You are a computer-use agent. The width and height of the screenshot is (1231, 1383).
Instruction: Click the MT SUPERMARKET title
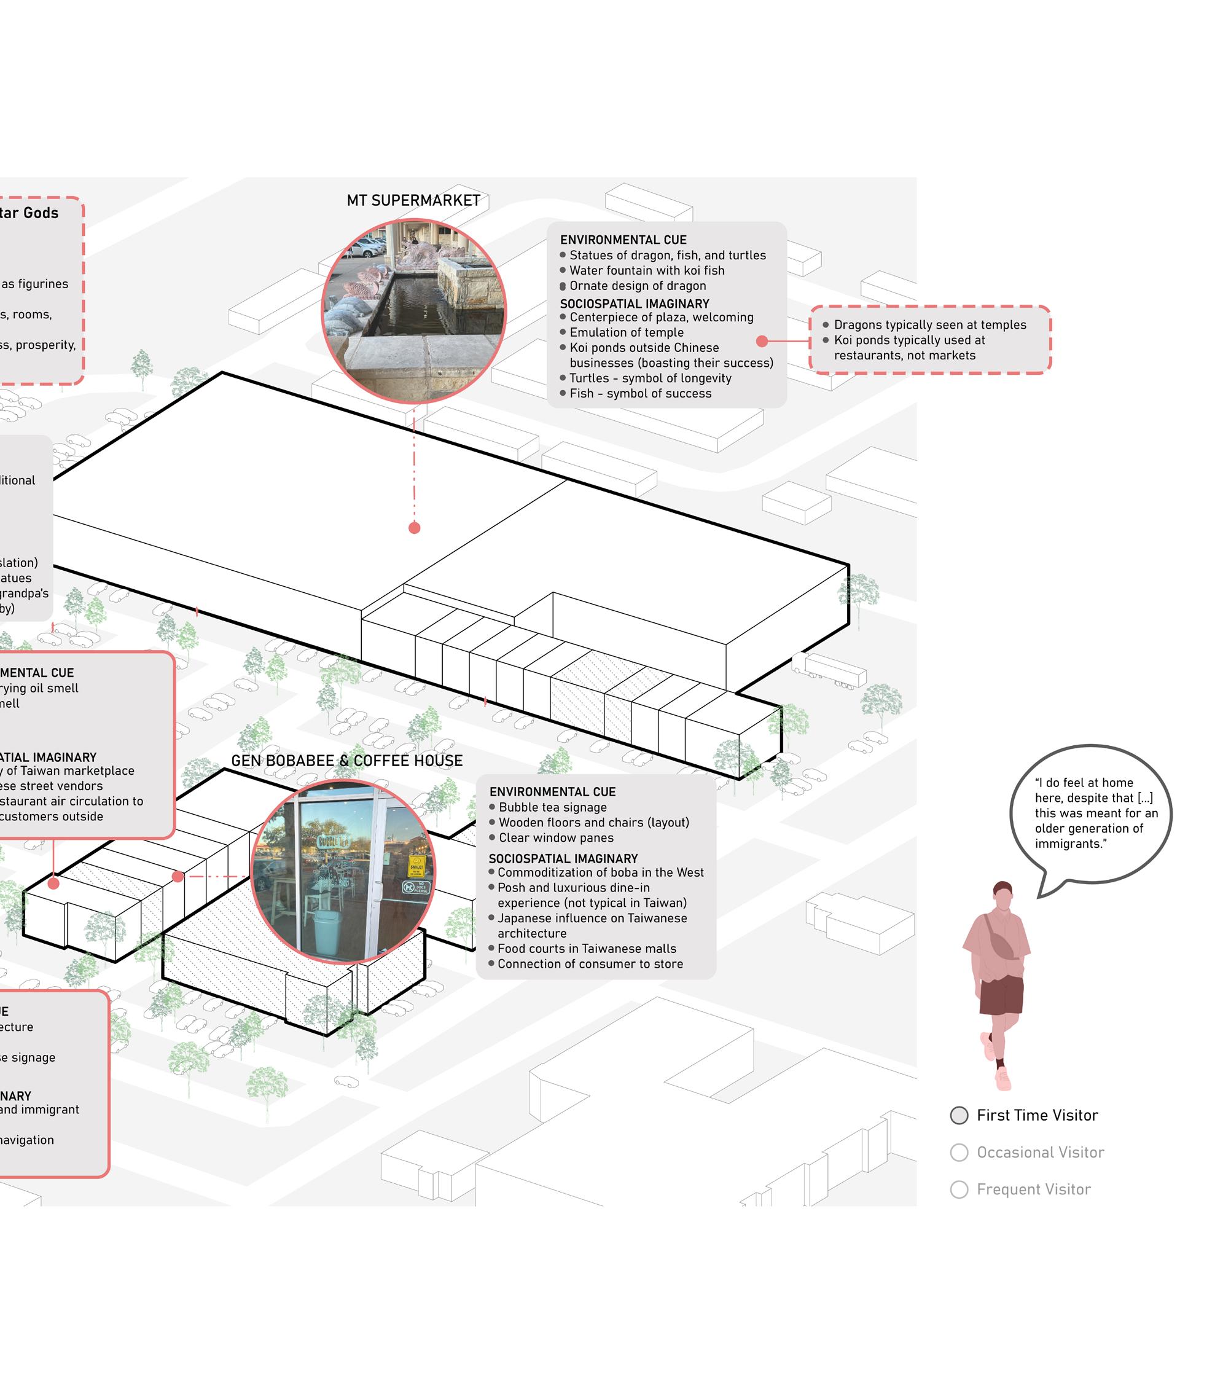(x=413, y=201)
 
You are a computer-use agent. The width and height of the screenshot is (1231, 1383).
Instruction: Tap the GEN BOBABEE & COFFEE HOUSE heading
(x=346, y=761)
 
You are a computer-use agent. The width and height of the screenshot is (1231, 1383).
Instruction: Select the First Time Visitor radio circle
(x=959, y=1116)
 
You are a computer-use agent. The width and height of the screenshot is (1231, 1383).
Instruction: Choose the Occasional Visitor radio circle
(x=959, y=1153)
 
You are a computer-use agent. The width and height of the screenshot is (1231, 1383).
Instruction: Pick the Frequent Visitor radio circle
(x=959, y=1190)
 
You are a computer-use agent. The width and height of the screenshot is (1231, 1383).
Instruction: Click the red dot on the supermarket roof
(x=415, y=528)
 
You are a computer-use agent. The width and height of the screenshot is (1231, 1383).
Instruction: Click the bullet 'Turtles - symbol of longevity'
(x=650, y=379)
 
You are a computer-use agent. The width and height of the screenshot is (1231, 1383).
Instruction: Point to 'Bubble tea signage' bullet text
(x=553, y=808)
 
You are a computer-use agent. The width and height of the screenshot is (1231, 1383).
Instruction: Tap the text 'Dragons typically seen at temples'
(x=930, y=326)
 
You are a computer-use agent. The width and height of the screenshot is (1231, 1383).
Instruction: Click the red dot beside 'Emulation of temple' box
(x=762, y=341)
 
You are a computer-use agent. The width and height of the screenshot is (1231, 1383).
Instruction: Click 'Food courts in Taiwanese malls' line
(x=587, y=949)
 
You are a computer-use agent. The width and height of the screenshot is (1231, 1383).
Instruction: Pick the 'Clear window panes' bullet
(x=556, y=838)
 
